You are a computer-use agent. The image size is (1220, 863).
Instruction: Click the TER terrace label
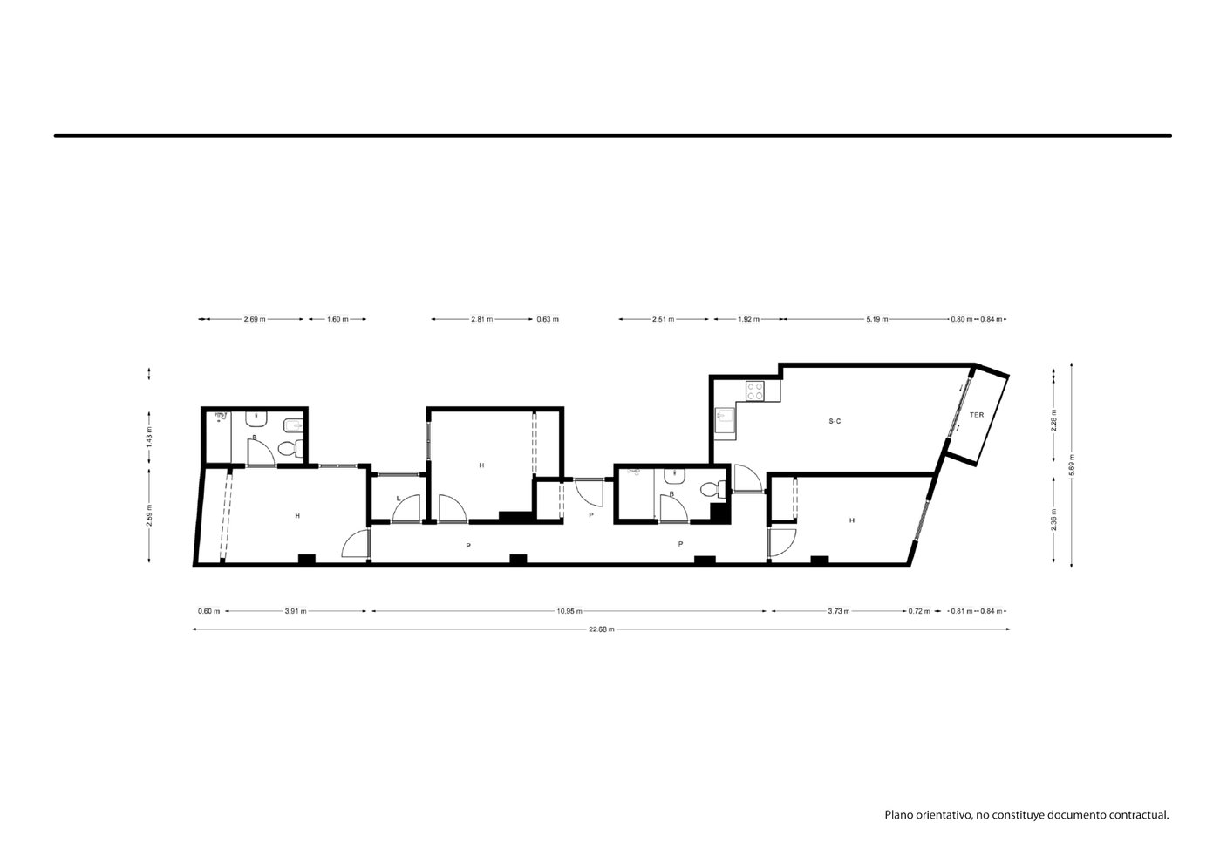click(977, 415)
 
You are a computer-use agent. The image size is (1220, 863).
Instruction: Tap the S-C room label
click(835, 421)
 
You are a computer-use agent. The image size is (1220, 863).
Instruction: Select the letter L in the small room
click(399, 499)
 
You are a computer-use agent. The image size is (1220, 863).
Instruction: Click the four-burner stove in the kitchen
click(755, 391)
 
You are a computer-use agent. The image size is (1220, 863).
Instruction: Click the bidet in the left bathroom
click(292, 425)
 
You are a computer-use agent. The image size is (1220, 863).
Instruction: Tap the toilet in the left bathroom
click(290, 449)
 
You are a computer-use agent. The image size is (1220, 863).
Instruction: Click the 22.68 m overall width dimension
click(602, 629)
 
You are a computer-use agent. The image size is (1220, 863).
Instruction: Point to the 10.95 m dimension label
click(569, 611)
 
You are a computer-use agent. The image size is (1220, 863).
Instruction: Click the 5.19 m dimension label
click(877, 319)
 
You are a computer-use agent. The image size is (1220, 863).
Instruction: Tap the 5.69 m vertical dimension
click(1072, 465)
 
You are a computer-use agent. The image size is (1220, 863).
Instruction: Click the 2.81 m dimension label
click(482, 319)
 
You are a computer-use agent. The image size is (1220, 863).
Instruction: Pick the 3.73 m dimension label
click(839, 611)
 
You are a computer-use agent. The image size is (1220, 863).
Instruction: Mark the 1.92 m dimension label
click(748, 319)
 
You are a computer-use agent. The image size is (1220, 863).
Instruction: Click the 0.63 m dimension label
click(548, 319)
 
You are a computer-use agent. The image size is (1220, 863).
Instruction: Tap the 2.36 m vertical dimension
click(1054, 520)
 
